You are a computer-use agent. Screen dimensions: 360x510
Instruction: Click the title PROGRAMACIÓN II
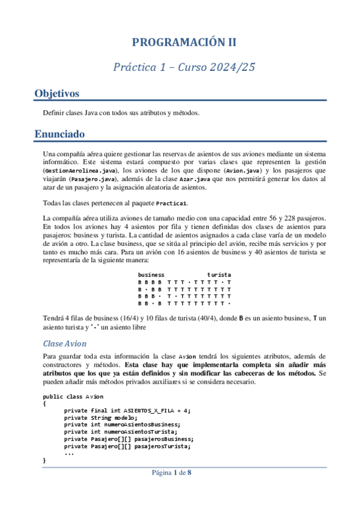185,42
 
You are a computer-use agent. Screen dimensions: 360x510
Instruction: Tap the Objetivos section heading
57,94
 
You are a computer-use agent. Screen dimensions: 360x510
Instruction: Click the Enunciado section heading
59,134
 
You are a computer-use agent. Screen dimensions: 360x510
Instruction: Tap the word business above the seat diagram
151,274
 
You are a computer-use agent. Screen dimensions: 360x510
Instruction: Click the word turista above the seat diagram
219,274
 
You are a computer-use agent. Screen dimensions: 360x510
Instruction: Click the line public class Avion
73,396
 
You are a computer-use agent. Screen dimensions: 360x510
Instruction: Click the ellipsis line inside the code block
69,453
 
